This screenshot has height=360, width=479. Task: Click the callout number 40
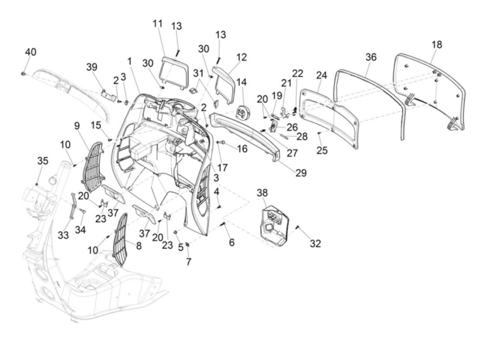[30, 52]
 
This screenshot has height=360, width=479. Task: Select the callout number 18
[437, 45]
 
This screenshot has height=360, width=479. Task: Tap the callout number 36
[371, 57]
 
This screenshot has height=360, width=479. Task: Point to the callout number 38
[262, 193]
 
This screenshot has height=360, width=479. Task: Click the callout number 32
[315, 243]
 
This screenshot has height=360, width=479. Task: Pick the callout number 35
[43, 161]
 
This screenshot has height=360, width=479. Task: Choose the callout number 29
[301, 173]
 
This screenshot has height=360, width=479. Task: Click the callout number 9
[77, 126]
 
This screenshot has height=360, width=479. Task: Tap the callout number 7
[189, 262]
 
